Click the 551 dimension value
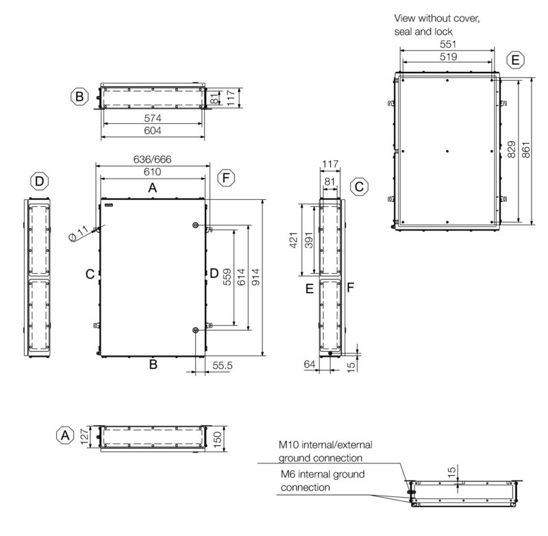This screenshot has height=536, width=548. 448,44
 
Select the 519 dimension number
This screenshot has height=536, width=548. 448,57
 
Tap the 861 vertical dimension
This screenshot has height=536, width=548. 525,150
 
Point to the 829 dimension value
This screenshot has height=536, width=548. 511,149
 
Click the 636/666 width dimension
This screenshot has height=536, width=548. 152,159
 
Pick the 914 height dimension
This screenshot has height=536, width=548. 256,277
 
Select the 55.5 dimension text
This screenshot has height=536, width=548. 222,366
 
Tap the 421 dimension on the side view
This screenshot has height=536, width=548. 294,240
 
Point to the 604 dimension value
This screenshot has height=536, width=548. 153,131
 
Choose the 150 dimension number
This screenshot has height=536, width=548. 217,439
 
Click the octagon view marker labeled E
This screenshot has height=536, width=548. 516,60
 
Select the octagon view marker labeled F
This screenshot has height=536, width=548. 226,178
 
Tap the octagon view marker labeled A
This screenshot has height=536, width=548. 65,435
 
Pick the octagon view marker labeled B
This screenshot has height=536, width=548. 79,96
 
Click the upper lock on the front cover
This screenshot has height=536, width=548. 195,225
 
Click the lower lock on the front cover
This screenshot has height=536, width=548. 195,331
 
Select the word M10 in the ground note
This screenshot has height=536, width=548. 288,445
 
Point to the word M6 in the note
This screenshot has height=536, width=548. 288,474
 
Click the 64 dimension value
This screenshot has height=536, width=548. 310,364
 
